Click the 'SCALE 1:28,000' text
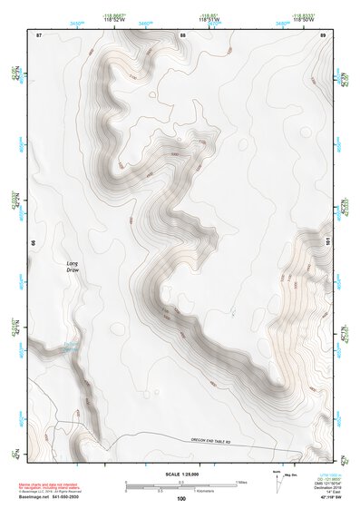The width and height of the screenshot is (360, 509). pyautogui.click(x=180, y=474)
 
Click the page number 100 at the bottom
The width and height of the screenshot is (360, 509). pyautogui.click(x=181, y=498)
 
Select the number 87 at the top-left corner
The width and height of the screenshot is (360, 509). pyautogui.click(x=39, y=34)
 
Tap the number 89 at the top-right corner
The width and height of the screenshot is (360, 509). pyautogui.click(x=324, y=34)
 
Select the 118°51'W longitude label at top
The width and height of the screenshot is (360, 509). pyautogui.click(x=209, y=19)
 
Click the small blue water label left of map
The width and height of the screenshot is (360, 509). pyautogui.click(x=70, y=346)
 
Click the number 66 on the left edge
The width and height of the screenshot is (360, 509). pyautogui.click(x=34, y=243)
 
